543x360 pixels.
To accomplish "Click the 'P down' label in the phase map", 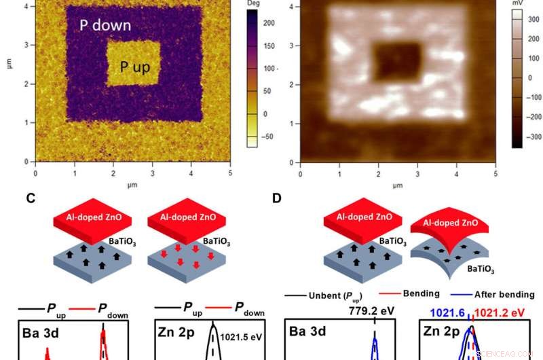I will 105,26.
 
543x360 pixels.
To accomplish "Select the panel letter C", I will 31,199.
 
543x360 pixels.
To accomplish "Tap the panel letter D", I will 276,199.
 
